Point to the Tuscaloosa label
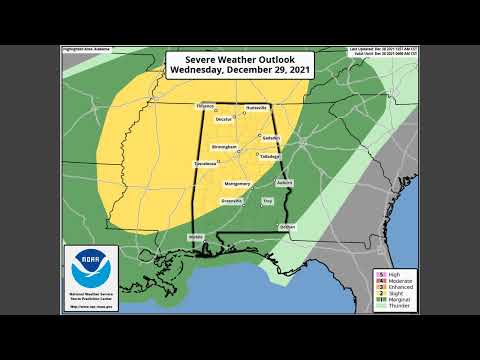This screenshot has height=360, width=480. (205, 162)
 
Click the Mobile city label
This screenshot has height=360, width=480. (195, 237)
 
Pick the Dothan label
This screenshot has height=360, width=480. (287, 226)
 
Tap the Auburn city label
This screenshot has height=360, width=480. (284, 182)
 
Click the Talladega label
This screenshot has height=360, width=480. (269, 156)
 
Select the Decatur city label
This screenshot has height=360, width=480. (224, 120)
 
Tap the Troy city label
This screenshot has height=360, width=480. (267, 201)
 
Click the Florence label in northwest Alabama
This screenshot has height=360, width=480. (206, 106)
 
